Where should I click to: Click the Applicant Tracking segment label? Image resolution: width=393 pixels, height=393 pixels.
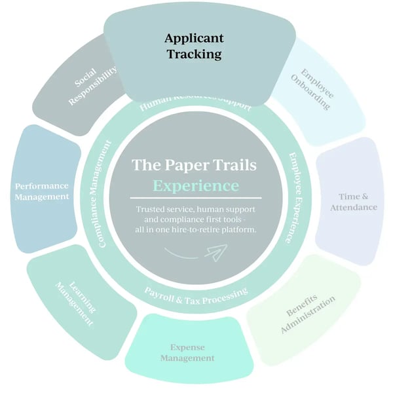pyautogui.click(x=193, y=46)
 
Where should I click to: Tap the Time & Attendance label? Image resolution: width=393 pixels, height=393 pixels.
pyautogui.click(x=358, y=202)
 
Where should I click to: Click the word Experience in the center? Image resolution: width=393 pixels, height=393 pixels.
pyautogui.click(x=195, y=185)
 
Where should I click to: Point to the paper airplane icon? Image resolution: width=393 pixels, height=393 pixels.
pyautogui.click(x=215, y=251)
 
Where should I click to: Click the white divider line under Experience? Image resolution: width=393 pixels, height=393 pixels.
pyautogui.click(x=195, y=197)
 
